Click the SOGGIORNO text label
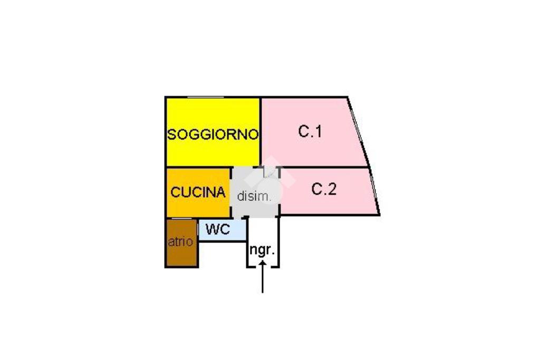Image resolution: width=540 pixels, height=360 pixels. pyautogui.click(x=213, y=134)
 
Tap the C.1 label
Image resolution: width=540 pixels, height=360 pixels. pyautogui.click(x=310, y=131)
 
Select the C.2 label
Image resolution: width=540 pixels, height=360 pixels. pyautogui.click(x=324, y=189)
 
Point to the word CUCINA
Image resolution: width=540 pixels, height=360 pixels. pyautogui.click(x=198, y=192)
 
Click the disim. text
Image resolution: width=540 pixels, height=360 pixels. pyautogui.click(x=254, y=197)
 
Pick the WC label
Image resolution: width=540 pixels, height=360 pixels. pyautogui.click(x=218, y=230)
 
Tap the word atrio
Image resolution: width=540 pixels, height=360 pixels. pyautogui.click(x=180, y=242)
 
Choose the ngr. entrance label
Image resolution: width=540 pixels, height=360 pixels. pyautogui.click(x=262, y=250)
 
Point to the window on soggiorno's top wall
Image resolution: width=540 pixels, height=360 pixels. pyautogui.click(x=202, y=97)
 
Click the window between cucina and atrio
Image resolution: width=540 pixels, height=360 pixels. pyautogui.click(x=182, y=218)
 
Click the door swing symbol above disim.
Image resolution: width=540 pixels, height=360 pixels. pyautogui.click(x=269, y=172)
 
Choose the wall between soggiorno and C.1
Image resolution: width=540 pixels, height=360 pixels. pyautogui.click(x=261, y=132)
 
